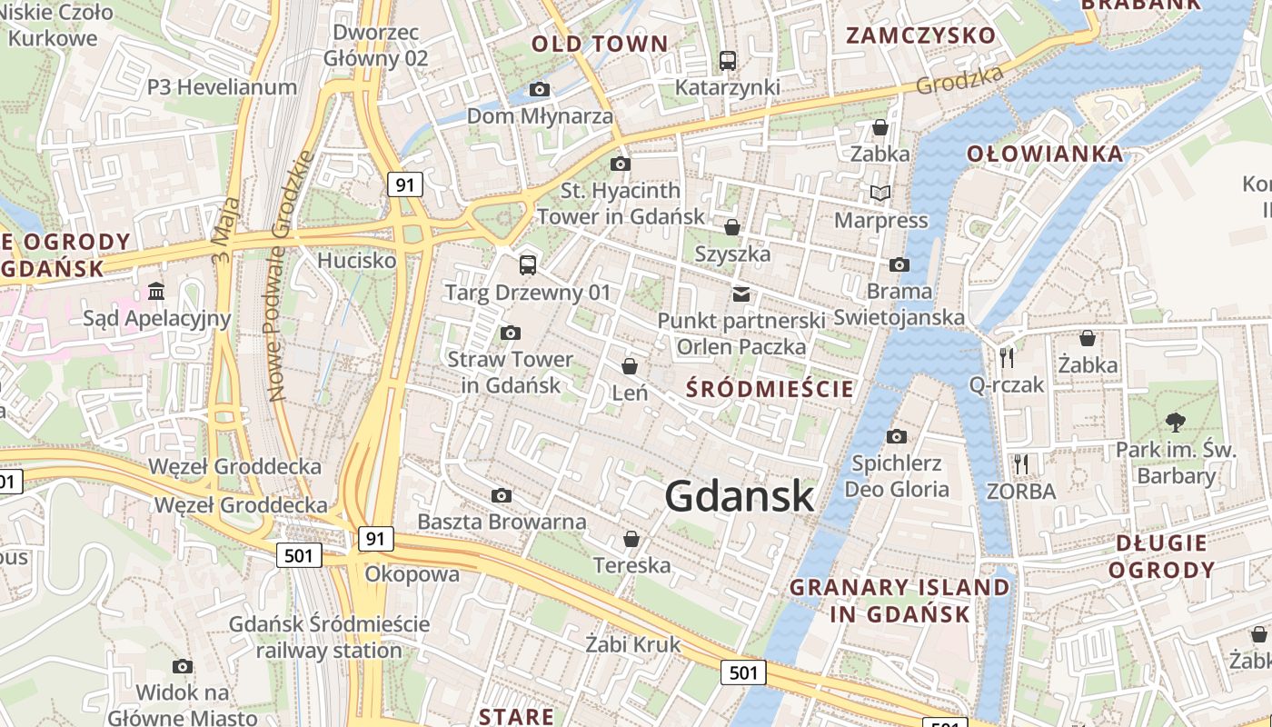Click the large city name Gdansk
click(739, 496)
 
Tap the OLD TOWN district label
click(600, 44)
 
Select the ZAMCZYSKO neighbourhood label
click(921, 35)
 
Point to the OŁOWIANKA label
click(1045, 154)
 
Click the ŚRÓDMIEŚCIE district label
click(770, 390)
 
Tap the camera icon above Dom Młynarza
click(540, 89)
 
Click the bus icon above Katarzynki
click(727, 60)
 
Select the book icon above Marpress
click(880, 193)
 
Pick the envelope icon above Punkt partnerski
click(741, 294)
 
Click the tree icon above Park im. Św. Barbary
click(1176, 422)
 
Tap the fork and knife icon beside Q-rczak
click(1006, 357)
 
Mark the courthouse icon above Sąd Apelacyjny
click(156, 291)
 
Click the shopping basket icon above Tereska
click(631, 539)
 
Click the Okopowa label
click(412, 574)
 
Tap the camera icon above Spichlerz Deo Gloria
click(897, 436)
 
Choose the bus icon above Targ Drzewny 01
click(528, 264)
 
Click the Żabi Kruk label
click(632, 645)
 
